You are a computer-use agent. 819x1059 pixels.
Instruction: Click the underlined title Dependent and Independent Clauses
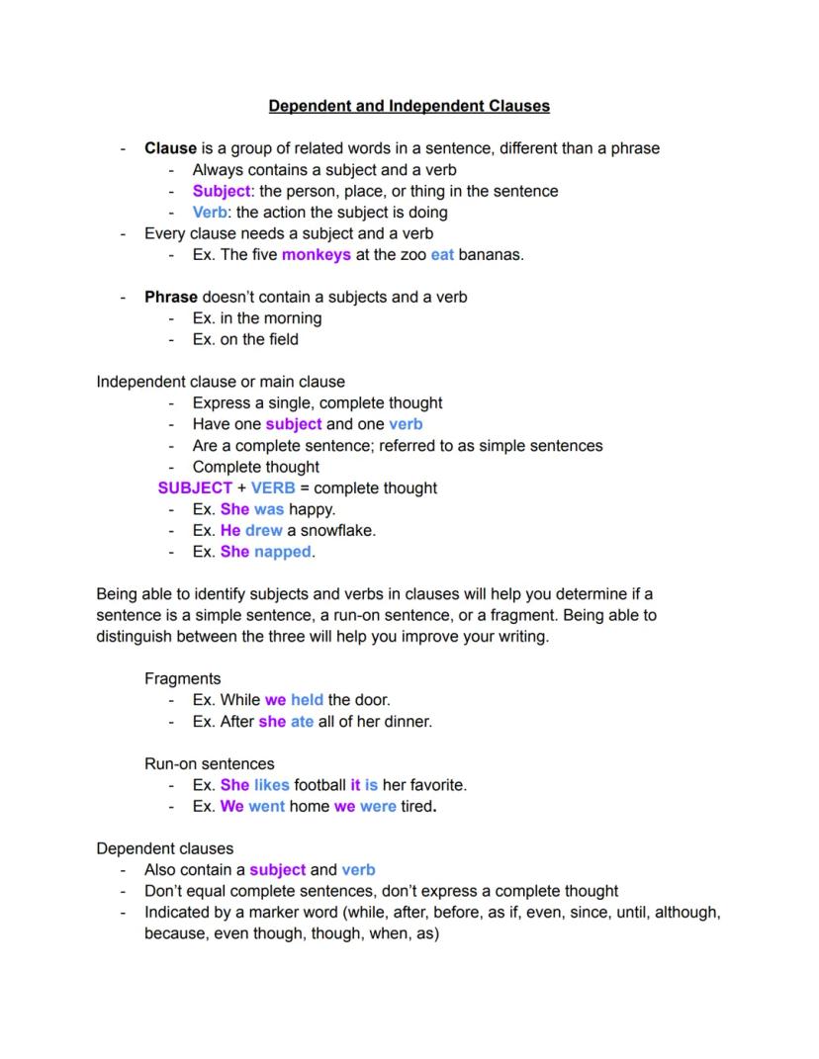(409, 106)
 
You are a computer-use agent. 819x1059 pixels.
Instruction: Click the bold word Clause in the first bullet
(170, 148)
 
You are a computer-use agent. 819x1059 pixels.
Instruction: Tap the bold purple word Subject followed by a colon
(222, 191)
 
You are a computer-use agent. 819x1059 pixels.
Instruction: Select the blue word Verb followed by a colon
(211, 212)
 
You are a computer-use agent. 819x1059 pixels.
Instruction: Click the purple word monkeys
(316, 254)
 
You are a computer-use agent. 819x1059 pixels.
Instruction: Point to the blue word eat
(442, 254)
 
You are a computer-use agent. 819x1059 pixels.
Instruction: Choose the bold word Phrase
(171, 297)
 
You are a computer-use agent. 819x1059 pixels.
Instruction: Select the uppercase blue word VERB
(273, 487)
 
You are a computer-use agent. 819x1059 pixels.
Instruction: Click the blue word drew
(264, 530)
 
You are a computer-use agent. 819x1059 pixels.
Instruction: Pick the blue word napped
(282, 552)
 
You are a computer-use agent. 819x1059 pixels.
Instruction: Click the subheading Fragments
(182, 678)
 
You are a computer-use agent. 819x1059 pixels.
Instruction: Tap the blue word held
(307, 700)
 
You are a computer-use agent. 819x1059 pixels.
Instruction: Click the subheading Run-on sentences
(209, 763)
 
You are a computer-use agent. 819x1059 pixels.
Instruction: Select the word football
(319, 785)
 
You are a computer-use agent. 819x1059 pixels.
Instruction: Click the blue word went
(266, 806)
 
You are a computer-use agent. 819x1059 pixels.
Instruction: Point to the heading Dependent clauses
(164, 848)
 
